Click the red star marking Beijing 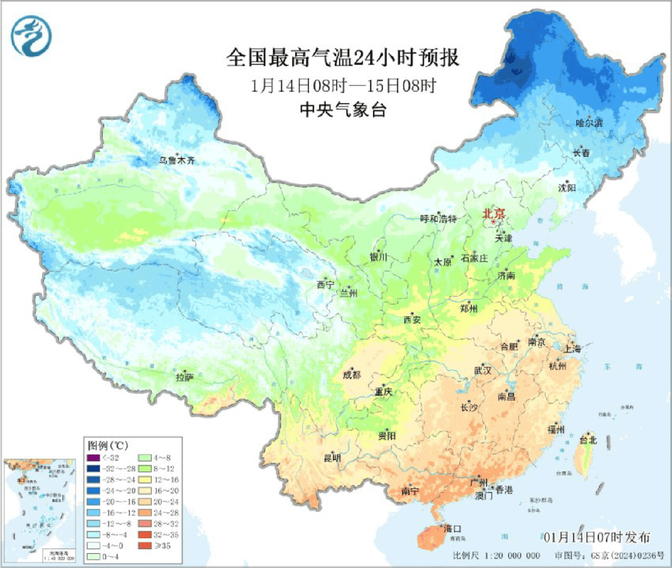(x=493, y=221)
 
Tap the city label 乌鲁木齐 (x=176, y=161)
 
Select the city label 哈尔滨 (x=589, y=123)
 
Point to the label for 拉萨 (x=185, y=377)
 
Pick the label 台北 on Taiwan (x=588, y=440)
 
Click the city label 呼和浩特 (x=438, y=219)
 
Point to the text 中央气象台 (x=343, y=110)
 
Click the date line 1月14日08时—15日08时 (x=343, y=85)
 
